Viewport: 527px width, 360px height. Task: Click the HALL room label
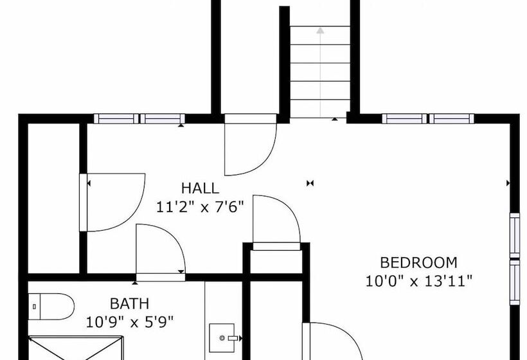point(200,188)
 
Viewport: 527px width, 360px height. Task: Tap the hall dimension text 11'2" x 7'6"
point(200,207)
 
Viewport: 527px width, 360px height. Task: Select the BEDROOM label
point(418,262)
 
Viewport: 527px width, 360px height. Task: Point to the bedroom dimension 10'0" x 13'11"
point(419,281)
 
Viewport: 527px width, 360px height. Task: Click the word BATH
point(129,304)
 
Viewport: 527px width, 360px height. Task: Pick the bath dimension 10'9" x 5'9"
point(130,322)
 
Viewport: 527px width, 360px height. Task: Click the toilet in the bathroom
point(51,307)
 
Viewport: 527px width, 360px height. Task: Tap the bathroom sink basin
point(222,337)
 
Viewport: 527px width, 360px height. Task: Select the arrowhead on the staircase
point(320,31)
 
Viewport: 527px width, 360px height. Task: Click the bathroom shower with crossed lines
point(76,348)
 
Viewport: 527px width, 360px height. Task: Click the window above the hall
point(139,119)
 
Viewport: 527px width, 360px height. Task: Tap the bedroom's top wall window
point(428,119)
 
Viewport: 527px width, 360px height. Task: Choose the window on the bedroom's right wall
point(515,259)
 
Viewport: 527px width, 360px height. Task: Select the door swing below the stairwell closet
point(251,145)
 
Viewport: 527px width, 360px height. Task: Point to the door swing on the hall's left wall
point(112,203)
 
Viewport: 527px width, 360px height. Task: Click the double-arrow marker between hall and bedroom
point(310,183)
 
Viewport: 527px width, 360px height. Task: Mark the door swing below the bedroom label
point(333,341)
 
